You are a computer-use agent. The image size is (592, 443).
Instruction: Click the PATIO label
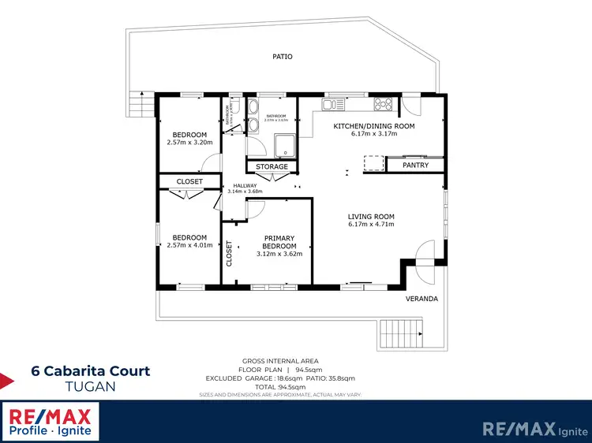[x=283, y=57]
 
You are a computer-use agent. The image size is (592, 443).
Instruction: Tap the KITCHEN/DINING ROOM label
[x=374, y=126]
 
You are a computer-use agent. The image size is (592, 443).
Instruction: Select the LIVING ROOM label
[x=372, y=217]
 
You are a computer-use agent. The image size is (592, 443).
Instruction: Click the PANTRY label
[x=415, y=166]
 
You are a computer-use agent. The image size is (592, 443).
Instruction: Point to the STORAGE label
[x=272, y=167]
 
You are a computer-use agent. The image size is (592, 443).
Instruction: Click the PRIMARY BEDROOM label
[x=279, y=242]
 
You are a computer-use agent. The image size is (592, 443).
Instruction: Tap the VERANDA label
[x=422, y=300]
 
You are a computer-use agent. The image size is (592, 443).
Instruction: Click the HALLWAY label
[x=245, y=186]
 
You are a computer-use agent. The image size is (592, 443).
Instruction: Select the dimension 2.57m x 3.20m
[x=190, y=143]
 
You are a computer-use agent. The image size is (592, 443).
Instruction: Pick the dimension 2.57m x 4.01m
[x=190, y=245]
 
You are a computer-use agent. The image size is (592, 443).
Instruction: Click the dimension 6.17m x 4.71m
[x=372, y=225]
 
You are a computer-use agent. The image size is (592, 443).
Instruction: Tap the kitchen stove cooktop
[x=384, y=102]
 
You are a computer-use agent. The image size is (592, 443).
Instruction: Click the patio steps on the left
[x=140, y=103]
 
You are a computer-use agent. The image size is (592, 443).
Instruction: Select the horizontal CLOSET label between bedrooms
[x=189, y=182]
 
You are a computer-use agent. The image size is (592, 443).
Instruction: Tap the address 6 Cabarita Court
[x=90, y=370]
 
